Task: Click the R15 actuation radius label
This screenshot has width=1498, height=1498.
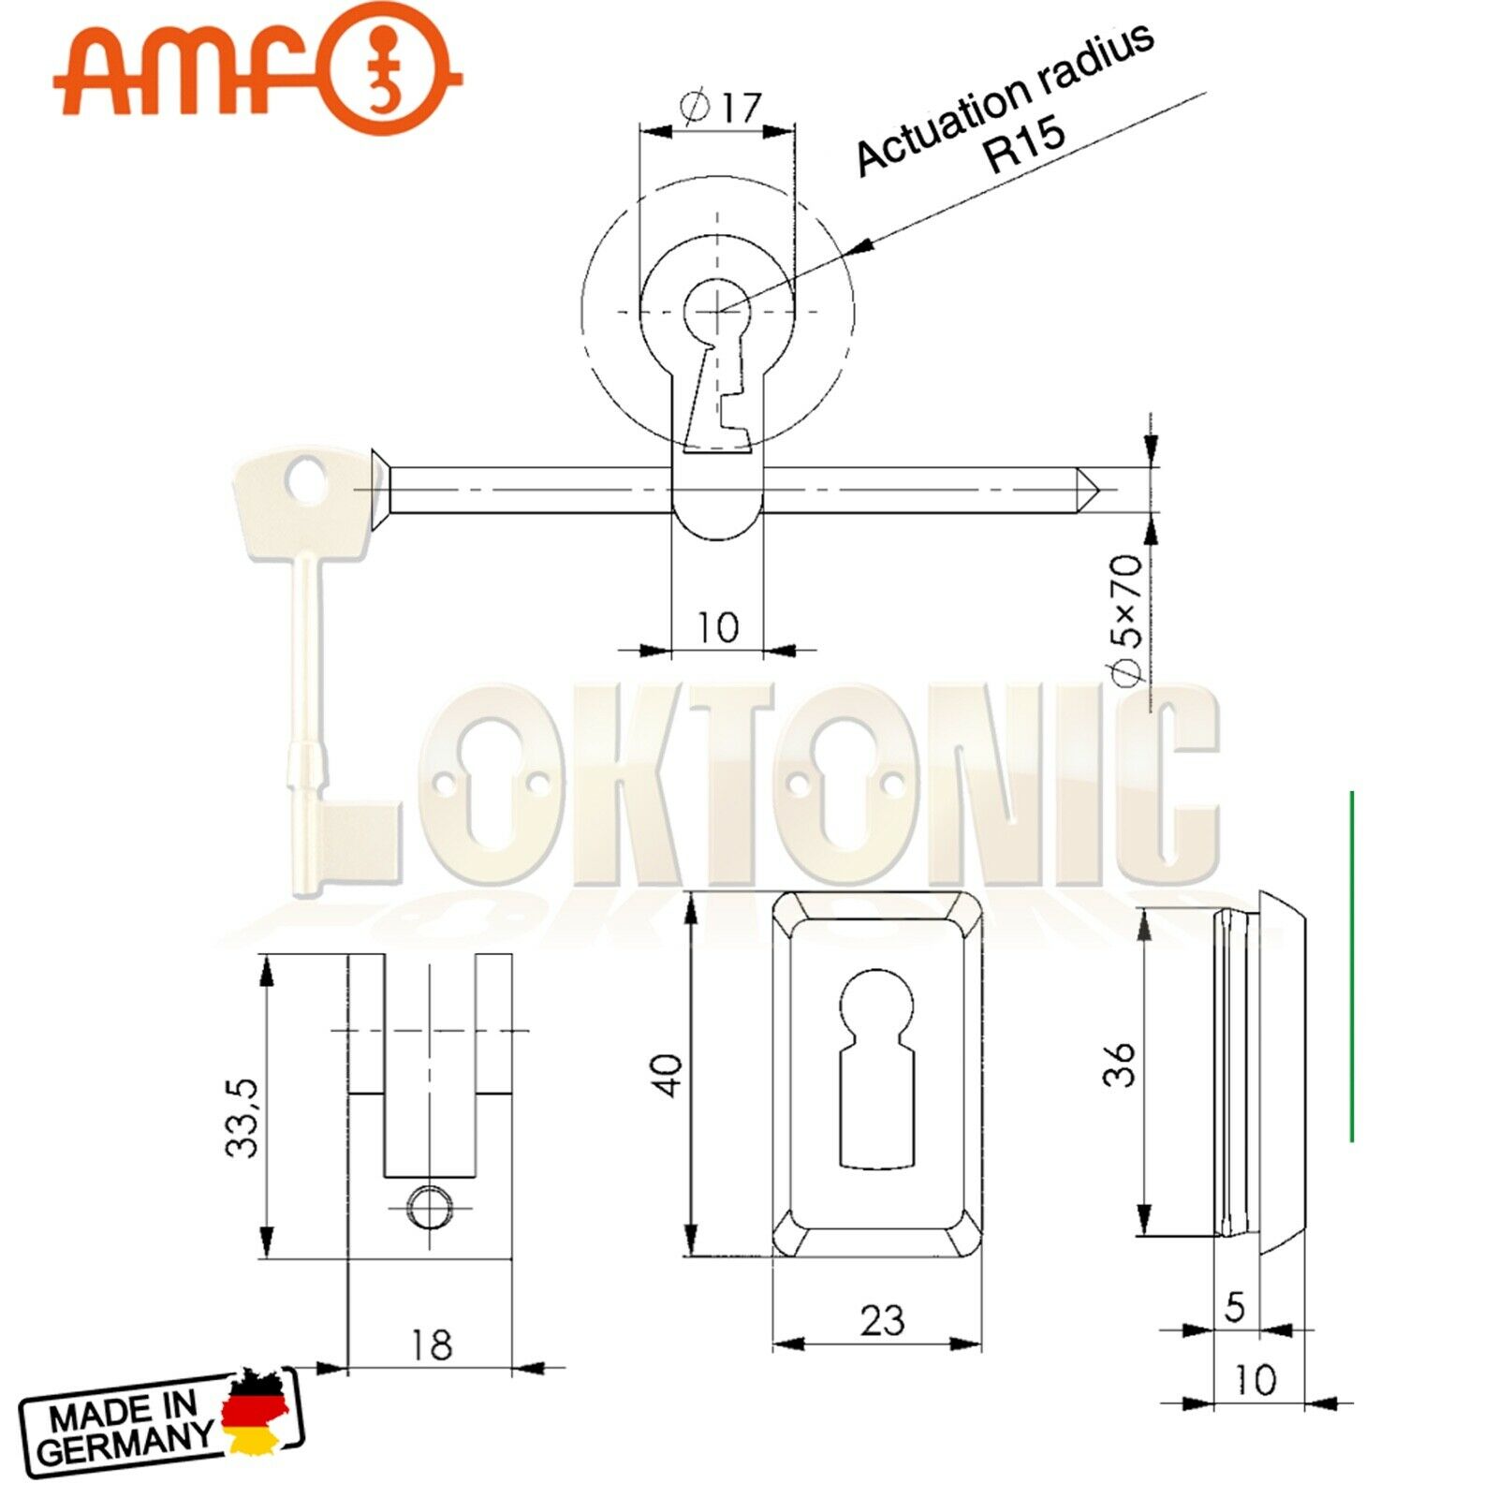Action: point(1026,142)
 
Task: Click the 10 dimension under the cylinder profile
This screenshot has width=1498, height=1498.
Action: point(718,626)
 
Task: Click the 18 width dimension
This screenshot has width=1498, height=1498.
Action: point(431,1344)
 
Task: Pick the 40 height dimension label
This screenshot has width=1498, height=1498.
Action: point(668,1075)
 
